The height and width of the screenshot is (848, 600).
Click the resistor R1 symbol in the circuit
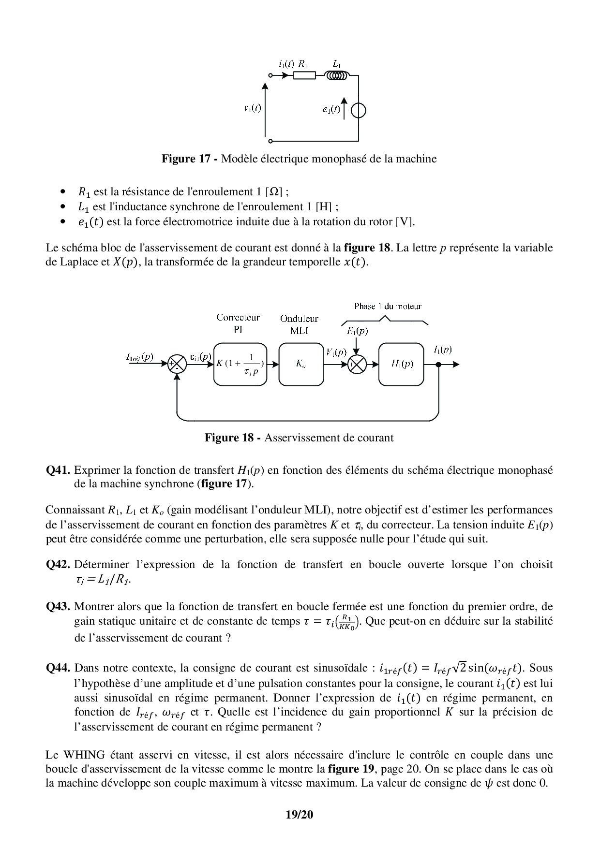tap(304, 75)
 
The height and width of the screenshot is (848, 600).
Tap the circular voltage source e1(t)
tap(359, 111)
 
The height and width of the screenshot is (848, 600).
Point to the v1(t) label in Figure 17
tap(252, 108)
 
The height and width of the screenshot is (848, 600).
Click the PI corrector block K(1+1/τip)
tap(240, 365)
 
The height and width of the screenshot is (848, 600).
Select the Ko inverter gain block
tap(301, 365)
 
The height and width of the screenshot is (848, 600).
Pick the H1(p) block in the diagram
tap(402, 365)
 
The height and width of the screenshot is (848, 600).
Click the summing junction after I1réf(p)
tap(177, 365)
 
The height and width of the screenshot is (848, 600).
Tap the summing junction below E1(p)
tap(357, 365)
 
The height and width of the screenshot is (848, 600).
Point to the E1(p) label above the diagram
tap(357, 331)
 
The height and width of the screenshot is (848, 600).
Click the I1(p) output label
tap(442, 350)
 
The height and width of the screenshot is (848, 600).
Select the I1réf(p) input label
tap(139, 357)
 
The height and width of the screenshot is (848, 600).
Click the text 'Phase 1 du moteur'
tap(388, 306)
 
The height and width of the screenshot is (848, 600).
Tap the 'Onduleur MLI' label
tap(299, 325)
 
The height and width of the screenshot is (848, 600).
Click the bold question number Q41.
tap(59, 470)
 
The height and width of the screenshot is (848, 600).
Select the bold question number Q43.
tap(59, 606)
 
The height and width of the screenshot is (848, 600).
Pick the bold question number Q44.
tap(59, 668)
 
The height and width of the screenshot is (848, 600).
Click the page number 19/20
tap(300, 815)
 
